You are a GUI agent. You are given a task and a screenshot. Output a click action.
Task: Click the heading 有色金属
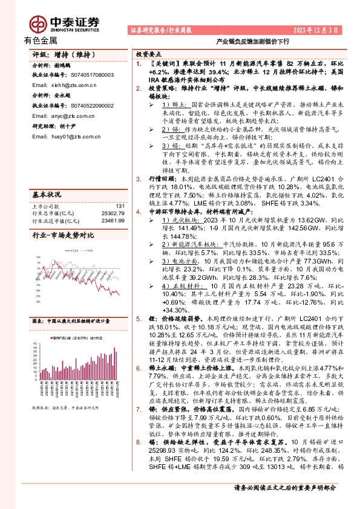[41, 41]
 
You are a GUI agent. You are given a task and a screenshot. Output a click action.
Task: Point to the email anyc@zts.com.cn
[68, 117]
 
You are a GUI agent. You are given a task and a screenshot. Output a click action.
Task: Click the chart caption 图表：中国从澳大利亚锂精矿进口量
[70, 321]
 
